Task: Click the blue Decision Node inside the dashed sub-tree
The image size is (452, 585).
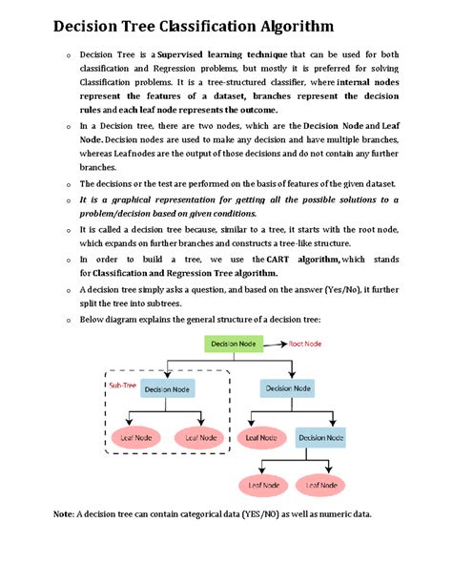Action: pyautogui.click(x=168, y=389)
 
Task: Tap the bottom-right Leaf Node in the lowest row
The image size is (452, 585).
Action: pyautogui.click(x=320, y=485)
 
